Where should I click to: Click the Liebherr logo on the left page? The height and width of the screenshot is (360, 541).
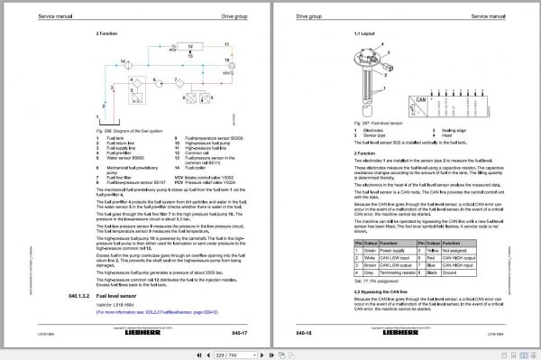coord(175,332)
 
